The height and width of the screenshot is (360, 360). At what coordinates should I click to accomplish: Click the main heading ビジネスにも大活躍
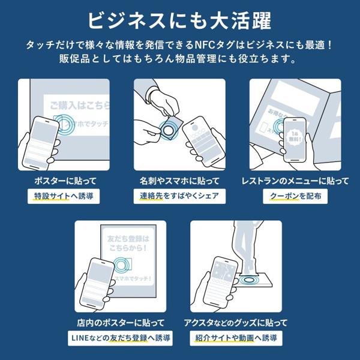coord(179,19)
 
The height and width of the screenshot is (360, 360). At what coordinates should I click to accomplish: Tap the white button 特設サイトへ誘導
coord(63,196)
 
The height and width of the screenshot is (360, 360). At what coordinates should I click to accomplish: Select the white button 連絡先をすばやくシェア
coord(179,196)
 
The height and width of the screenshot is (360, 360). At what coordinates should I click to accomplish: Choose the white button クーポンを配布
coord(295,196)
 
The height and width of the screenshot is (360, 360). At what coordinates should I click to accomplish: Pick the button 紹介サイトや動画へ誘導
coord(236,338)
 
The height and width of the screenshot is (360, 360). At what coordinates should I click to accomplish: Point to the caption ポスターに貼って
coord(63,181)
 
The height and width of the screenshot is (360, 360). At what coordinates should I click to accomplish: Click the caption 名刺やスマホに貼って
coord(179,181)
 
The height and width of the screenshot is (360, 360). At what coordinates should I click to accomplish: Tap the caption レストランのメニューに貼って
coord(295,181)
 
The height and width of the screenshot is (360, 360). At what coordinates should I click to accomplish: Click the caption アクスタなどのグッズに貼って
coord(236,323)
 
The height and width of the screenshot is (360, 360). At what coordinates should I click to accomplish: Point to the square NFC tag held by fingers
coord(170,127)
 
